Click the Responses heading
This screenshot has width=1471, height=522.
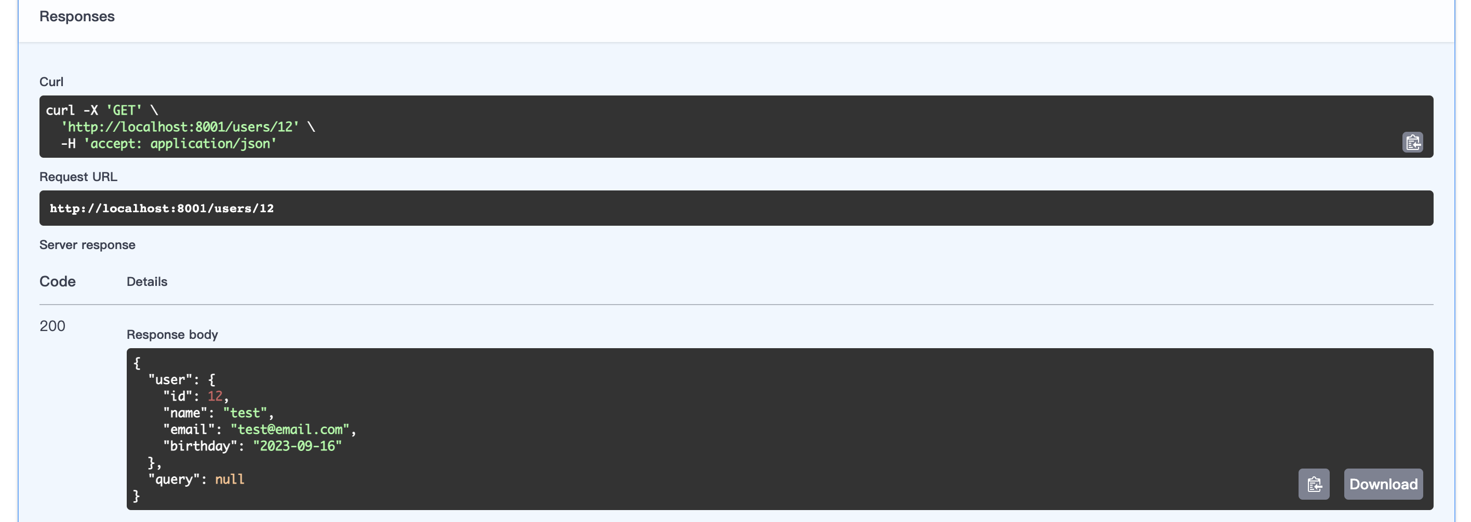(x=76, y=17)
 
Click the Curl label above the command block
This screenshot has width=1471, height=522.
(x=51, y=81)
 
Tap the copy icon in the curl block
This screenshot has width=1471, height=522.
(x=1412, y=142)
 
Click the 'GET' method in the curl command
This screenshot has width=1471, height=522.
(x=124, y=110)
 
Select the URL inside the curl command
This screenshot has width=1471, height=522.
(x=180, y=127)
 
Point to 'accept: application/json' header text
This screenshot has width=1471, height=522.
(x=180, y=144)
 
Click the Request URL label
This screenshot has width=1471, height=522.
(x=78, y=177)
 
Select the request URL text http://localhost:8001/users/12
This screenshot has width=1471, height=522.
(x=162, y=208)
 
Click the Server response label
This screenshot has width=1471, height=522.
(x=87, y=245)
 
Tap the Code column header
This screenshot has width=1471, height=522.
(x=58, y=281)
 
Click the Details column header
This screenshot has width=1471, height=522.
(x=147, y=281)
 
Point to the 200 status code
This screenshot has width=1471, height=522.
(x=52, y=326)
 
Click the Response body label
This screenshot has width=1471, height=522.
(x=172, y=334)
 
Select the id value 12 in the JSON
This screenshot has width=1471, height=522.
(x=215, y=396)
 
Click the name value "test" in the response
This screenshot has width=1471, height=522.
(x=245, y=413)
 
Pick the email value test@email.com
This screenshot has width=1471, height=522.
(x=289, y=429)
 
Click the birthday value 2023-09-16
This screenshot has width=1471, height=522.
(x=297, y=446)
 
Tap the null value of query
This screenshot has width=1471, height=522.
(x=230, y=479)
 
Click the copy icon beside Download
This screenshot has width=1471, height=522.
(x=1314, y=484)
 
